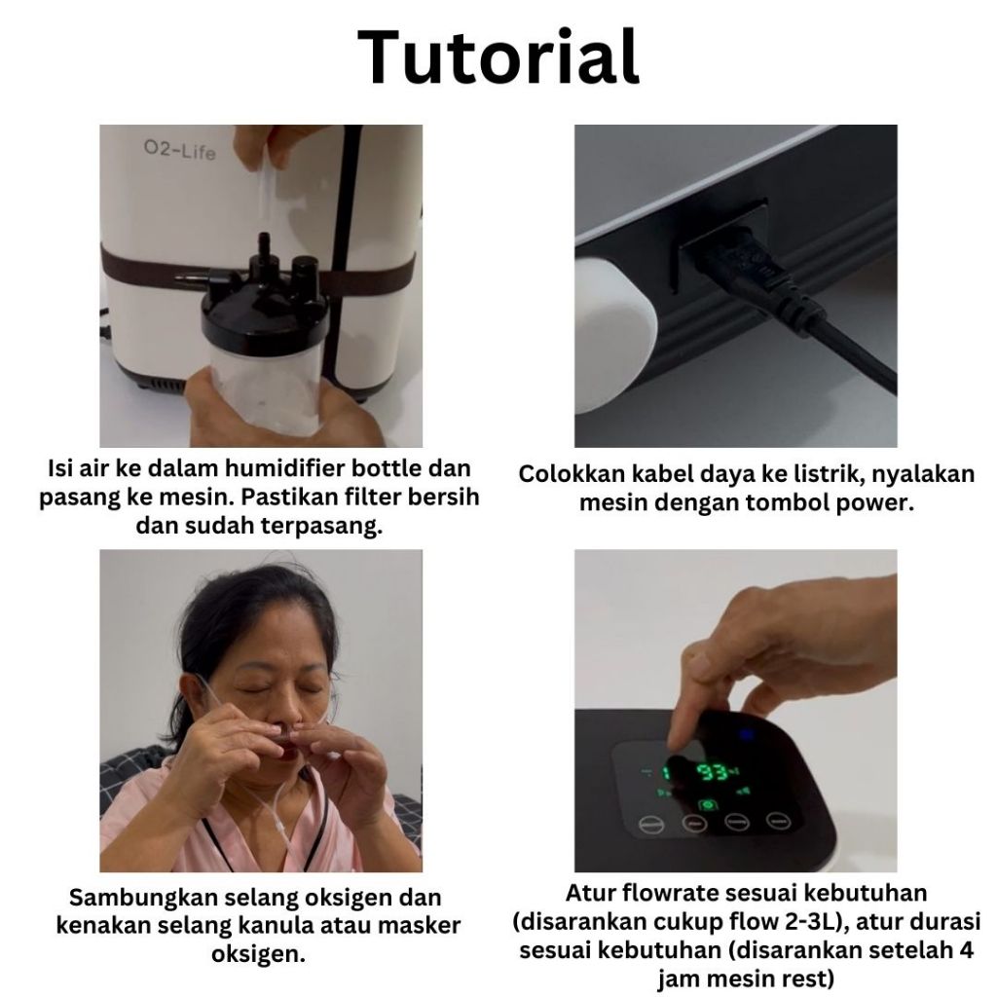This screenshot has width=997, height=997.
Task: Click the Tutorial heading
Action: (x=498, y=57)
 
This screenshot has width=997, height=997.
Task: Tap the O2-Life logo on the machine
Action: (x=179, y=150)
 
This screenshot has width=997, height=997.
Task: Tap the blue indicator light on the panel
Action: (x=746, y=736)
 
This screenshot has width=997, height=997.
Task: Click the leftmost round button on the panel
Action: (x=651, y=825)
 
